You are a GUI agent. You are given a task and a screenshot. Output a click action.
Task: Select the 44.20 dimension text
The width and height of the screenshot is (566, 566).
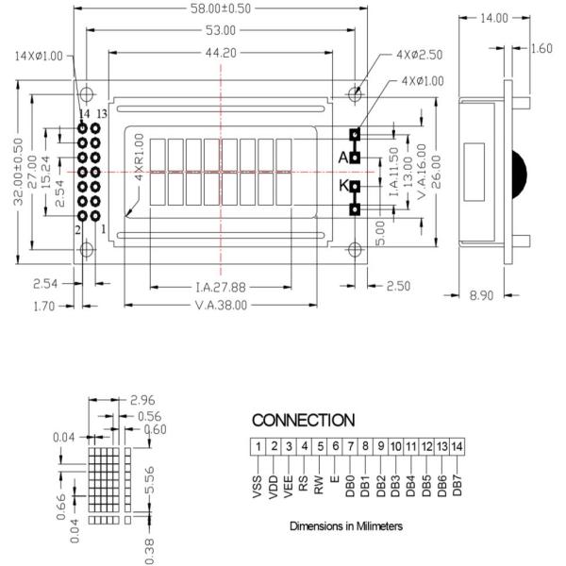[221, 53]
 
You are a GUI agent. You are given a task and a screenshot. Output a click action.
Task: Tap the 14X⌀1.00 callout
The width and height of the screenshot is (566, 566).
[38, 56]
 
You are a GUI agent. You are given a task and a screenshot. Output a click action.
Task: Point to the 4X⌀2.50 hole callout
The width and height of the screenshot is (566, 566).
[420, 56]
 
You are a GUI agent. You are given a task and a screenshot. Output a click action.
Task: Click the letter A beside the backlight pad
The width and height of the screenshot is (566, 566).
[343, 158]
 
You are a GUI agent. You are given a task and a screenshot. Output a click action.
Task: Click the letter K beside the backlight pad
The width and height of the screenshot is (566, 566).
[343, 186]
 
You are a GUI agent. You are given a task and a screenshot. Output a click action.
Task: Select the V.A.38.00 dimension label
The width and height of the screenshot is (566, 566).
[221, 305]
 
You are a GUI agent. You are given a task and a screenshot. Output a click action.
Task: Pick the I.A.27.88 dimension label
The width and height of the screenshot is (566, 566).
[221, 287]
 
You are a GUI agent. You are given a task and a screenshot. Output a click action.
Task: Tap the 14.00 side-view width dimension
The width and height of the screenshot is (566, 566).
[493, 18]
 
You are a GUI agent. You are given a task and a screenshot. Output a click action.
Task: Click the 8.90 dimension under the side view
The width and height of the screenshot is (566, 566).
[481, 296]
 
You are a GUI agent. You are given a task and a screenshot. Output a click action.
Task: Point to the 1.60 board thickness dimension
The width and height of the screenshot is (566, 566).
[541, 49]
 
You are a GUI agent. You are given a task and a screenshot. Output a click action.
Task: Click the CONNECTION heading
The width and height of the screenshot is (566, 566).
[303, 420]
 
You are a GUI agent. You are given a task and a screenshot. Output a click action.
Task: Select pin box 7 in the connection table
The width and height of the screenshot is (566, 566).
[350, 445]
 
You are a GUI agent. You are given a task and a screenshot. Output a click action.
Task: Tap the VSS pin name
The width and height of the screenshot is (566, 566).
[258, 485]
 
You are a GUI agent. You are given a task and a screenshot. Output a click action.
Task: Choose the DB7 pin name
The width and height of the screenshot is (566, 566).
[457, 485]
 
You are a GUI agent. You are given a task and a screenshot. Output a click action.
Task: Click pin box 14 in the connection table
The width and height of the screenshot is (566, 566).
[457, 445]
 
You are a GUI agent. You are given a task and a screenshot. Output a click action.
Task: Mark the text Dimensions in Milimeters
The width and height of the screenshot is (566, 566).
[345, 525]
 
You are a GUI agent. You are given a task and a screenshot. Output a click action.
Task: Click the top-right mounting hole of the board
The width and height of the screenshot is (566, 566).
[356, 94]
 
